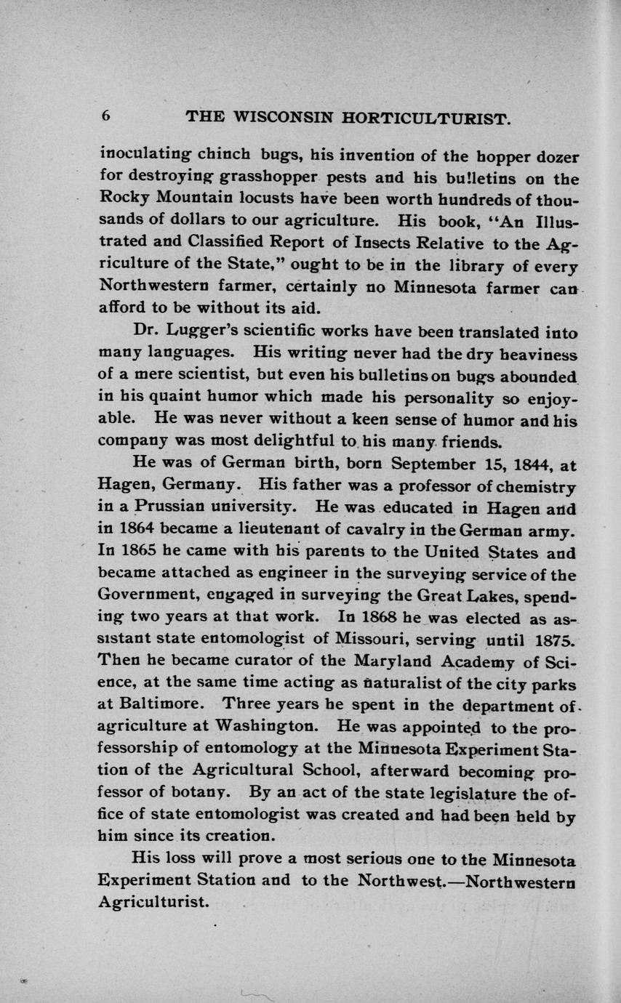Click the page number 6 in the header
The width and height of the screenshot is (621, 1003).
(x=105, y=116)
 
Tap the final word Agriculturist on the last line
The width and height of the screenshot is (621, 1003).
(x=153, y=903)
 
